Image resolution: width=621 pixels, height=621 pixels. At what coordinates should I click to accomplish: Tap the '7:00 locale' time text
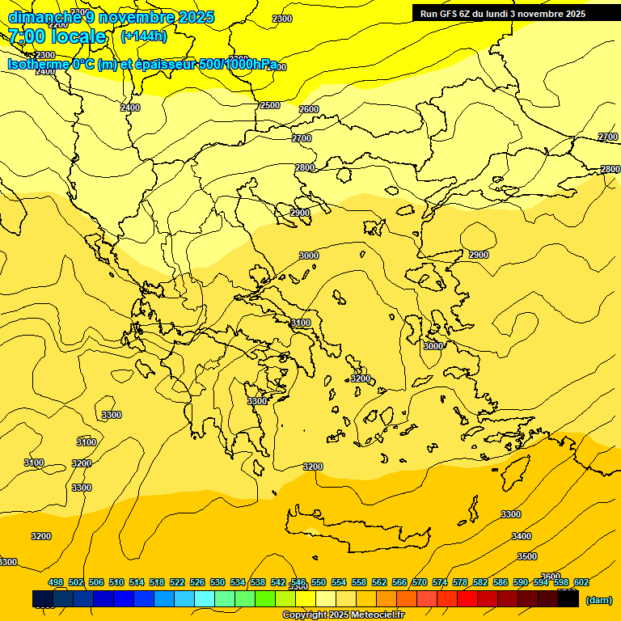click(57, 36)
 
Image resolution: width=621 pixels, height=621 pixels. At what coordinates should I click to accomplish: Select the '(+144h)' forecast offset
click(143, 36)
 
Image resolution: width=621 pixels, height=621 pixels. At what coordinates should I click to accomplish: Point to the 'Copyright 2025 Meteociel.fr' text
click(343, 615)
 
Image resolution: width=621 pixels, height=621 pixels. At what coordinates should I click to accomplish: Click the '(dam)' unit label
click(598, 599)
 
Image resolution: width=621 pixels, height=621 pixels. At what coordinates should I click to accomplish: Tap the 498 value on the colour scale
click(56, 582)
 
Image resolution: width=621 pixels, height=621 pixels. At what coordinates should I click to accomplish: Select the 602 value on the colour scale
click(581, 582)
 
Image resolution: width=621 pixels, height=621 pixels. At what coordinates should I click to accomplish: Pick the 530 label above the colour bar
click(218, 582)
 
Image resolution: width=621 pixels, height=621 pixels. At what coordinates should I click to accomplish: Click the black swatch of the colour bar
click(568, 599)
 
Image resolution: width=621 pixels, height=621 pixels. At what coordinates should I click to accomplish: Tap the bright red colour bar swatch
click(467, 599)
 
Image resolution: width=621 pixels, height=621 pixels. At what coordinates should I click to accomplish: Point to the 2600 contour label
click(309, 109)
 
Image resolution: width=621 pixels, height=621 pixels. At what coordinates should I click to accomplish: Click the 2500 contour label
click(270, 105)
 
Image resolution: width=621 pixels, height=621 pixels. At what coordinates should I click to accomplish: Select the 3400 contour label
click(522, 536)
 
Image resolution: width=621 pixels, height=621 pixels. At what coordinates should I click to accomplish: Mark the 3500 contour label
click(526, 556)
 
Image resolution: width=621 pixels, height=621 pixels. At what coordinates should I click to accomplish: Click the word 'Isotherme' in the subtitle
click(38, 64)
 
